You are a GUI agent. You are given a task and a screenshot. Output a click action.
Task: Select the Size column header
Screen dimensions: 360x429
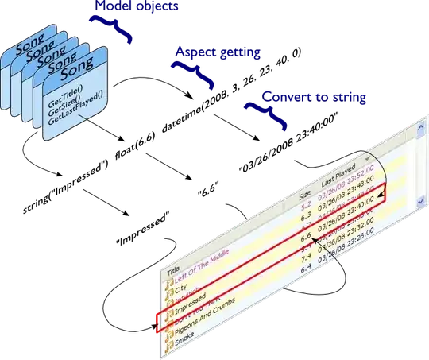(x=305, y=192)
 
